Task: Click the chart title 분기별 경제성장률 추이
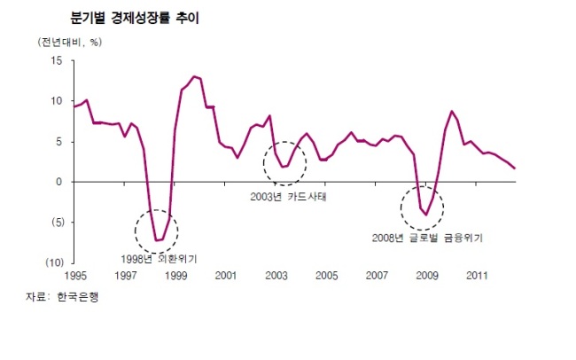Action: click(135, 18)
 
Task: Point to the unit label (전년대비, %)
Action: click(70, 43)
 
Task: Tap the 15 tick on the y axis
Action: click(57, 60)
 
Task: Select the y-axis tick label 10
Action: click(57, 101)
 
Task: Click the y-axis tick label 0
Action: click(58, 182)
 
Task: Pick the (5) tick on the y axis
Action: click(58, 222)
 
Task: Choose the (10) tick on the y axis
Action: click(55, 262)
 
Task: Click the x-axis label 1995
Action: click(75, 276)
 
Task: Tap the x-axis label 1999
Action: click(176, 276)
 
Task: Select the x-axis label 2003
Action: click(276, 276)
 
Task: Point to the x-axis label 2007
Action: click(377, 276)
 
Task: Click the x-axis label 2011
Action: click(477, 276)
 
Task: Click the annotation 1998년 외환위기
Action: click(159, 259)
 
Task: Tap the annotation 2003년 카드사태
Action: click(288, 197)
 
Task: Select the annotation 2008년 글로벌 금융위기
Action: click(427, 238)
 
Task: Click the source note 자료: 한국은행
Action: click(62, 297)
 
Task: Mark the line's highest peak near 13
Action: click(194, 76)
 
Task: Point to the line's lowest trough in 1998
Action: click(157, 240)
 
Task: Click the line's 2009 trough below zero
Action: click(426, 215)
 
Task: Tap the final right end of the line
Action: click(515, 168)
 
